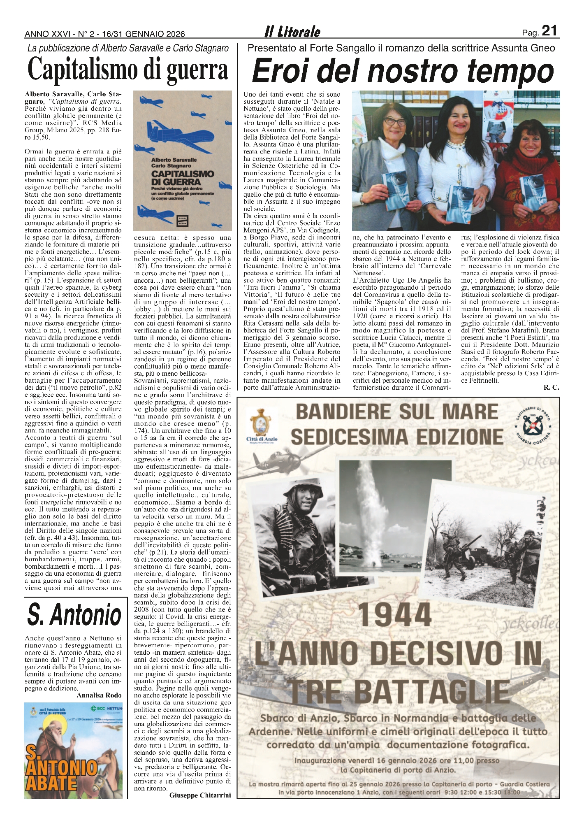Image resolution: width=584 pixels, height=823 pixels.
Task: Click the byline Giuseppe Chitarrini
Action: (x=200, y=795)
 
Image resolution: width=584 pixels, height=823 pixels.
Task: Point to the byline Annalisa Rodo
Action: (x=99, y=695)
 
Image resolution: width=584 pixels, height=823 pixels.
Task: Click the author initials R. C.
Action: (x=551, y=387)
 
